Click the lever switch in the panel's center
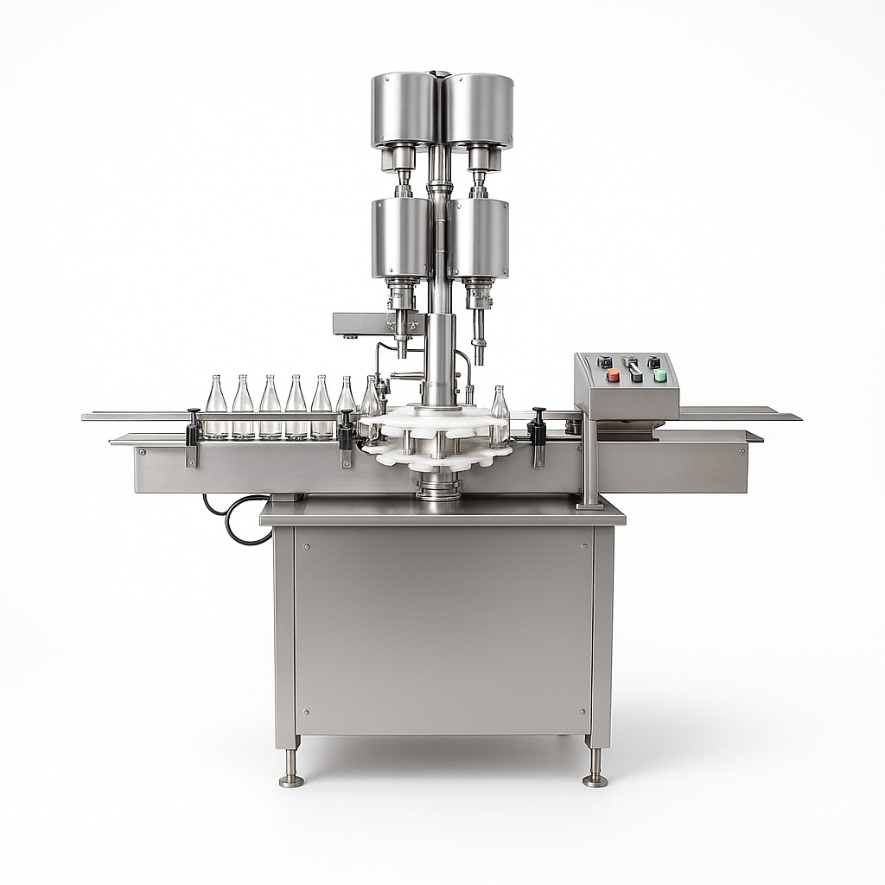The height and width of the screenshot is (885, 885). point(634,370)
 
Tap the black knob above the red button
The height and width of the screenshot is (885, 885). point(606,362)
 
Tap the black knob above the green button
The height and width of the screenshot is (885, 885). point(654,362)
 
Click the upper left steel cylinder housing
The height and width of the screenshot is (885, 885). point(404,110)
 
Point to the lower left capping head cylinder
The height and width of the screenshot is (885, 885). point(401,238)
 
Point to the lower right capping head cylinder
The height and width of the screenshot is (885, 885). point(478,238)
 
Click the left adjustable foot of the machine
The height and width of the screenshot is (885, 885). point(291,769)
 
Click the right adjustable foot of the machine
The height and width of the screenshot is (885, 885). point(595,769)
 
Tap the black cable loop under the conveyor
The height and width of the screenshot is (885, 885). point(233,519)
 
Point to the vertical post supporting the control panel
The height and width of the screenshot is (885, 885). point(590,462)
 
